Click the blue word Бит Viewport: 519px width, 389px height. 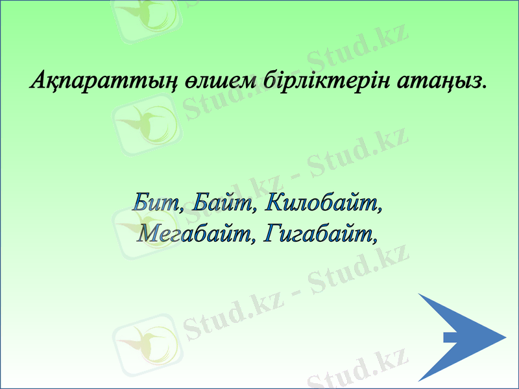153,202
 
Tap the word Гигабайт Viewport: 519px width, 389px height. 320,233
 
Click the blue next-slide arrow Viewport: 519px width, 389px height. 457,337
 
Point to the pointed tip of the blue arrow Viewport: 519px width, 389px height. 504,337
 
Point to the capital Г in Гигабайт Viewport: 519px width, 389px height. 272,233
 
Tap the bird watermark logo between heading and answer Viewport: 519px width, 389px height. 146,123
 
